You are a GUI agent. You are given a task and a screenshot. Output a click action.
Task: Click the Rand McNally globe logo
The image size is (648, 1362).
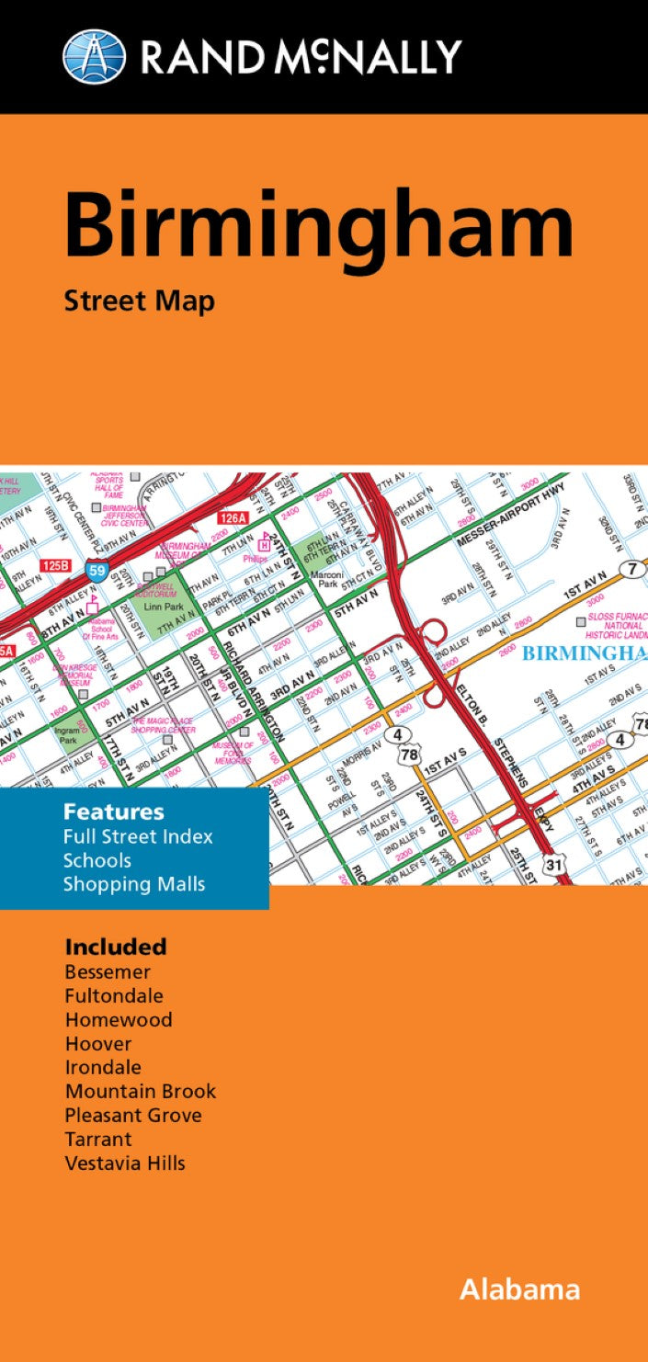[95, 55]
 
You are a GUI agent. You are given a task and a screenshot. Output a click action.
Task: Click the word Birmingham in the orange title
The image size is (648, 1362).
[319, 226]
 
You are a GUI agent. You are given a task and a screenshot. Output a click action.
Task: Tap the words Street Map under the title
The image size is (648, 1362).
[140, 301]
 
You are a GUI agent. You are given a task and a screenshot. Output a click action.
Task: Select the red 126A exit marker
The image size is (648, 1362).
[233, 518]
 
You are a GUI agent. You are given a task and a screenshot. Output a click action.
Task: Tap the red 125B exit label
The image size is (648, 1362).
[54, 563]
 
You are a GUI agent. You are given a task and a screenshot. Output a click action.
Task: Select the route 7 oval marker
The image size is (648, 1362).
[631, 569]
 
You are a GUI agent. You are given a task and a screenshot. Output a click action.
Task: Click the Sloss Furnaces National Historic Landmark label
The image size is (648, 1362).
[618, 624]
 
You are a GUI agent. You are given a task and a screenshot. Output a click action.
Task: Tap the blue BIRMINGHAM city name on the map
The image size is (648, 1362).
[585, 653]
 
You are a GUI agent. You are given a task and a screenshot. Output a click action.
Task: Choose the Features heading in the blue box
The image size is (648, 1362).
[114, 812]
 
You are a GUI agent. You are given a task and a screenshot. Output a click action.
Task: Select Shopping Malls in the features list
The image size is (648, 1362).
[134, 885]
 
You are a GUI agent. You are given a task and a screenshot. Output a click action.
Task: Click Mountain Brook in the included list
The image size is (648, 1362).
[141, 1092]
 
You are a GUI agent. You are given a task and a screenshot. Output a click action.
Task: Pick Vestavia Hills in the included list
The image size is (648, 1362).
[125, 1163]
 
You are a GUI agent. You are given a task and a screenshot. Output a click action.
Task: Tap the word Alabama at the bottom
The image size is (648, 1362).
[519, 1289]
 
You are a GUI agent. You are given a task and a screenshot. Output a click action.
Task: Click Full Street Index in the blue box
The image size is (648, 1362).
[138, 837]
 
